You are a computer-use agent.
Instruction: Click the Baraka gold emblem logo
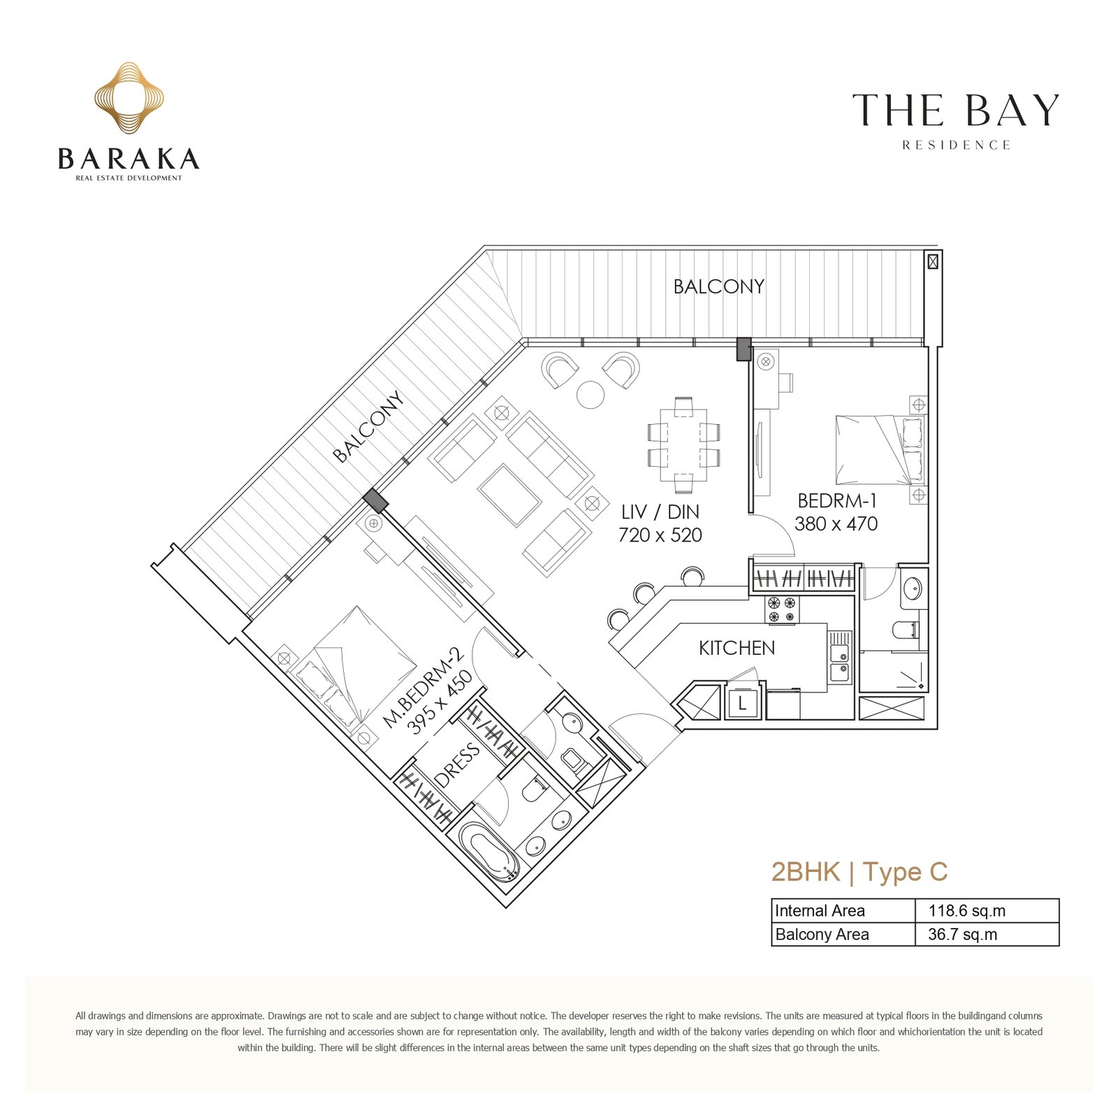coord(129,98)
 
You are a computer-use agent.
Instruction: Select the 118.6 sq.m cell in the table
coord(967,910)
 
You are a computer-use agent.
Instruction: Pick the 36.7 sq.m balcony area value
coord(963,934)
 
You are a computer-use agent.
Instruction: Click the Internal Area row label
coord(820,910)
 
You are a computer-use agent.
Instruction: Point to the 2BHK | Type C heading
coord(859,872)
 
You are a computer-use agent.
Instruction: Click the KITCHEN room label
coord(737,648)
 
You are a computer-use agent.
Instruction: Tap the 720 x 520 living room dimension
coord(660,535)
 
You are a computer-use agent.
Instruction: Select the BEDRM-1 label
coord(837,500)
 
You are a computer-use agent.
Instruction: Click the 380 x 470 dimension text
coord(836,523)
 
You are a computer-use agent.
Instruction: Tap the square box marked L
coord(742,702)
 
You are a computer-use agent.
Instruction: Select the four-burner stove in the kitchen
coord(782,609)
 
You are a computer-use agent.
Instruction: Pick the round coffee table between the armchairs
coord(590,394)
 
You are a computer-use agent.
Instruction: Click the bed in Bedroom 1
coord(881,449)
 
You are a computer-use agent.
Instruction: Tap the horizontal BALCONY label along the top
coord(719,286)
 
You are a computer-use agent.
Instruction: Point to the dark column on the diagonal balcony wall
coord(375,500)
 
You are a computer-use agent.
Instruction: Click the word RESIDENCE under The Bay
coord(956,145)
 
